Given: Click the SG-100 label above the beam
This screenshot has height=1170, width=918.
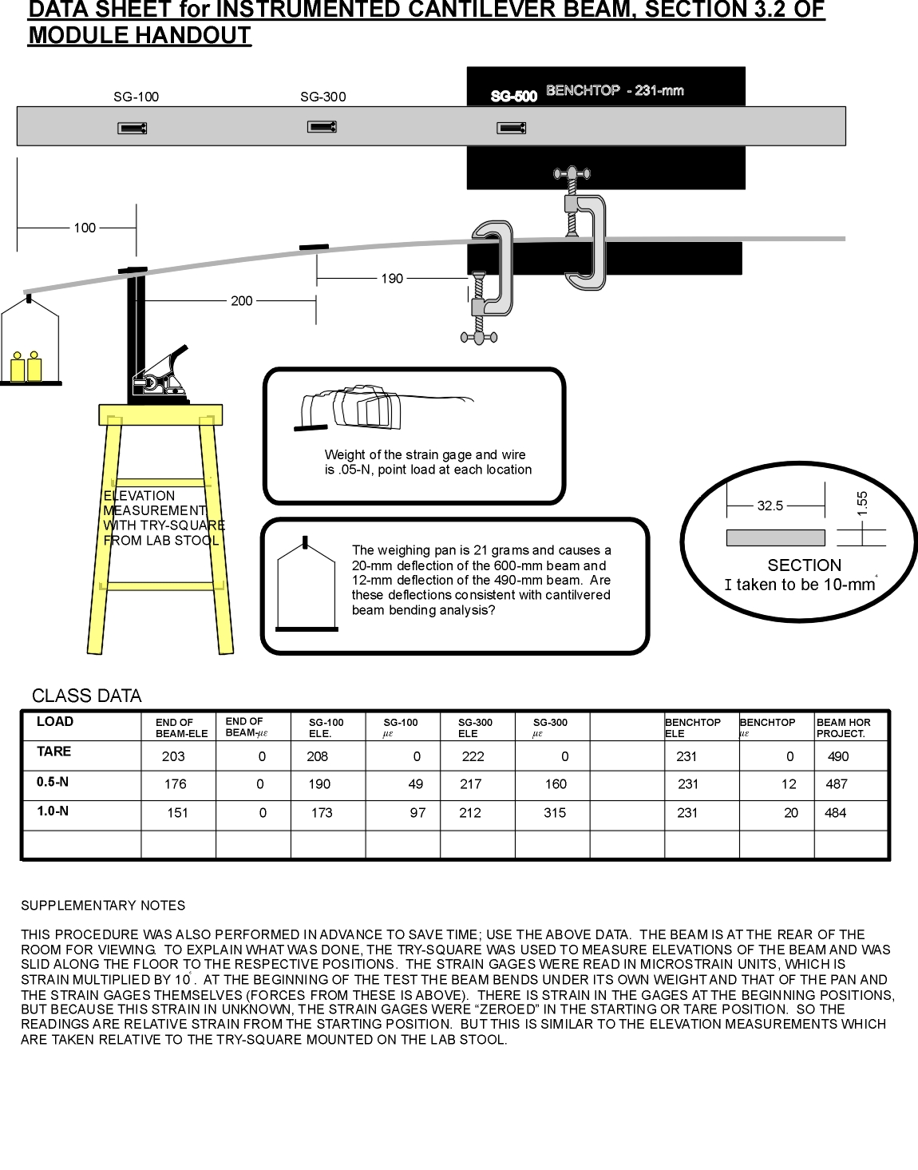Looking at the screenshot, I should [136, 97].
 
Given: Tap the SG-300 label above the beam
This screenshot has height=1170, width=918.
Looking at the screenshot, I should [322, 97].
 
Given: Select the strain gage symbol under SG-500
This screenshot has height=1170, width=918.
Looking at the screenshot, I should [511, 128].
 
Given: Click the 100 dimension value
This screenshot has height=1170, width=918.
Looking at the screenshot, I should [85, 228].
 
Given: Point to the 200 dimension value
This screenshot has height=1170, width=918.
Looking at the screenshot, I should [241, 301].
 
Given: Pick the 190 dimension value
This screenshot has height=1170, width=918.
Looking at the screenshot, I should [392, 279].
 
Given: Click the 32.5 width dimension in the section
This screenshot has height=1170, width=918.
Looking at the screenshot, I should [770, 506].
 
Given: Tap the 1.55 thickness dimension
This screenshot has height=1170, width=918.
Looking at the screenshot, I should [862, 502].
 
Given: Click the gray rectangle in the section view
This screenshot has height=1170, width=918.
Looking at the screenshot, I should [775, 537].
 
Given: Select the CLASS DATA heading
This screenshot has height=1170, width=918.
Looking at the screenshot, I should [86, 696].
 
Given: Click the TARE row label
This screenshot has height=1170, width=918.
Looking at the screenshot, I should [53, 752].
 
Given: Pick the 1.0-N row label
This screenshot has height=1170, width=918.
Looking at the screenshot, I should [53, 811].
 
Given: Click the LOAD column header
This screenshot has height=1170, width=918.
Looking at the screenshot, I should [54, 722].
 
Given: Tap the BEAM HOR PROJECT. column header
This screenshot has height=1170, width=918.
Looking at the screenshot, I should [843, 728].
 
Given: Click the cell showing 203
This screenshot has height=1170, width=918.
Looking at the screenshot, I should [173, 756].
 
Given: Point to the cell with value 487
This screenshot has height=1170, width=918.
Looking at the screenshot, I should [837, 784].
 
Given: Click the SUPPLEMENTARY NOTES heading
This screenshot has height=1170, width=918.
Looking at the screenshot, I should [103, 906].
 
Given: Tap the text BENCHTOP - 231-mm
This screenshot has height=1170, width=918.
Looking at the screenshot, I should [615, 91].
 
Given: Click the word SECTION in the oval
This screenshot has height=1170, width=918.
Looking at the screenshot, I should [804, 565].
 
